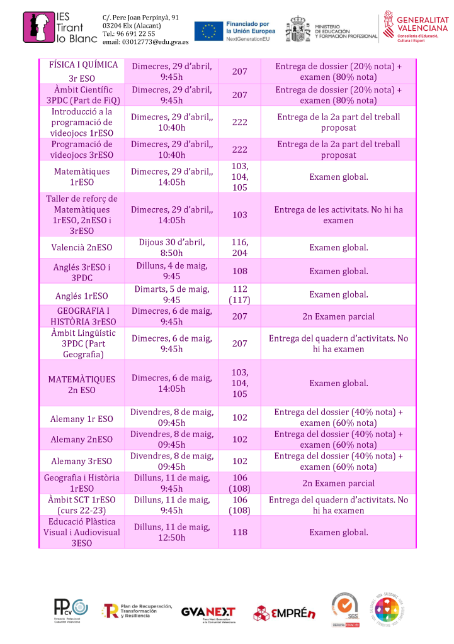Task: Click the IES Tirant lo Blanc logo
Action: (60, 29)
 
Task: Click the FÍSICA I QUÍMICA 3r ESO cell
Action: (82, 72)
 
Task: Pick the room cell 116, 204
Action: (240, 247)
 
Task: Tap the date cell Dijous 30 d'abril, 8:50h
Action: (172, 247)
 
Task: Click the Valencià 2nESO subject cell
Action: (82, 248)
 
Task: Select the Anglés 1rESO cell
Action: (82, 295)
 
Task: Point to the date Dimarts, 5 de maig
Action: (172, 295)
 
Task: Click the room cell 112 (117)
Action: (240, 295)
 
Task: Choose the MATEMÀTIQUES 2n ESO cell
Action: (82, 384)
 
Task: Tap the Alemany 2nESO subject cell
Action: (82, 440)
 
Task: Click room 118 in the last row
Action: (240, 532)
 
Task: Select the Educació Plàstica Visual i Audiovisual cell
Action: (82, 532)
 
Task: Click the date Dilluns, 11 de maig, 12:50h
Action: (172, 532)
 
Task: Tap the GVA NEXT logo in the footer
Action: (208, 613)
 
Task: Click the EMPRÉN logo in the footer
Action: (284, 613)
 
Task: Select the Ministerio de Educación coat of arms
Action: (298, 29)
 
